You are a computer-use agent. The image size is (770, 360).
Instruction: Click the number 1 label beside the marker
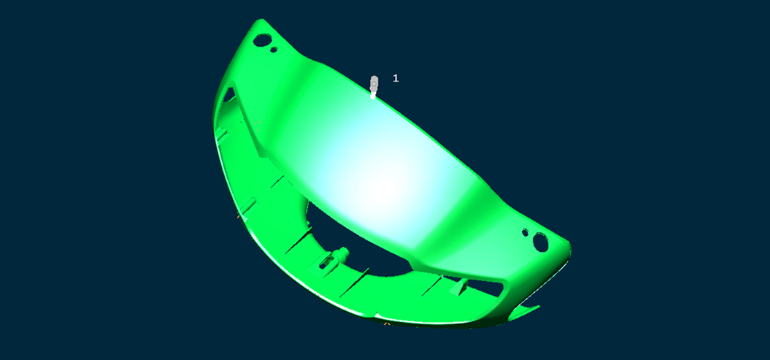tap(396, 78)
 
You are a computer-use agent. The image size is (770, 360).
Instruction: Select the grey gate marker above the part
tap(374, 86)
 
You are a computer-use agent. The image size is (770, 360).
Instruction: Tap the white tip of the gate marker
tap(373, 96)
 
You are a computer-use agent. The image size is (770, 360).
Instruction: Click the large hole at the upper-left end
tap(262, 39)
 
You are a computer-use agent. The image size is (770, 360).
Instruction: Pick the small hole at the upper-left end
tap(274, 50)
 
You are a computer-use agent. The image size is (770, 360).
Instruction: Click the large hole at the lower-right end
tap(540, 242)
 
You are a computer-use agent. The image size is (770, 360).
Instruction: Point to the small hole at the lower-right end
tap(525, 231)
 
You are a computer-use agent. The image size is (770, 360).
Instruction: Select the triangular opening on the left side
tap(229, 95)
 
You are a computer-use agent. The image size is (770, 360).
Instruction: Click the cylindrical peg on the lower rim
tap(342, 254)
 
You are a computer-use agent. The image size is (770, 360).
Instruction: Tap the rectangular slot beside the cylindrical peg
tap(325, 264)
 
